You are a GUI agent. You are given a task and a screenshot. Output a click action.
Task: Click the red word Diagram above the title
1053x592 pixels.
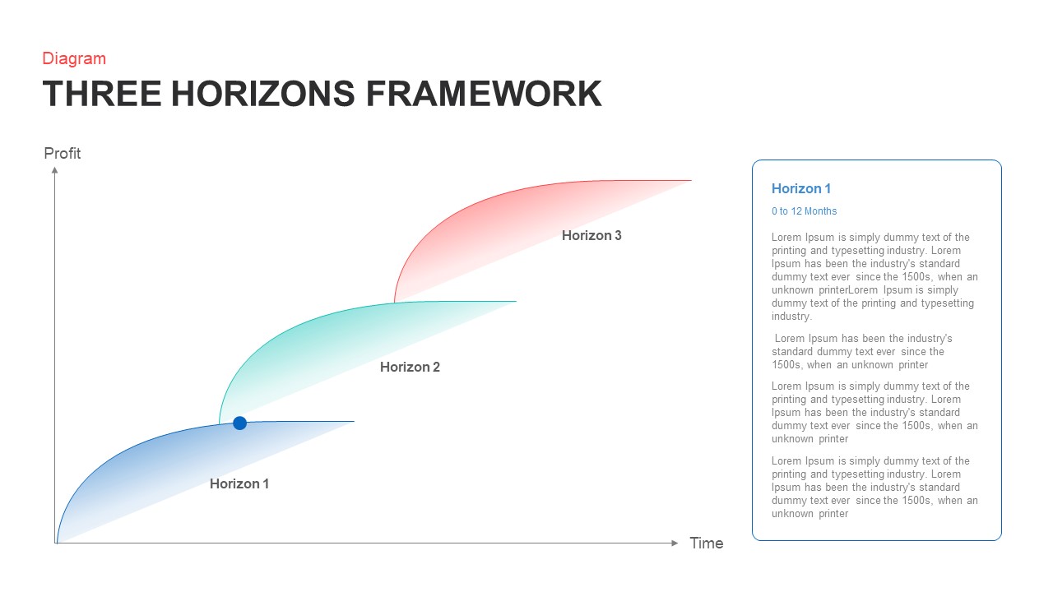coord(74,58)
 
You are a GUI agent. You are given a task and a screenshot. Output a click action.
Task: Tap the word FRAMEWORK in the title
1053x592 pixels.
coord(484,94)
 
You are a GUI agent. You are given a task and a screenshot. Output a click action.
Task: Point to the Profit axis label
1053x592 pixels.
coord(63,154)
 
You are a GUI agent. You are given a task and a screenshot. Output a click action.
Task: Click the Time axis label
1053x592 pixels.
coord(707,543)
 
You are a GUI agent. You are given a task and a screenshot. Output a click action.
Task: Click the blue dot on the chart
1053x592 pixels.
coord(239,423)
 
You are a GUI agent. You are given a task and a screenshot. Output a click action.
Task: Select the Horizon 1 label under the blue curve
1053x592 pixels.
coord(239,483)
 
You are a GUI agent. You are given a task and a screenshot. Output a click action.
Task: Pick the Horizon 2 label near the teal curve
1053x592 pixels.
coord(410,367)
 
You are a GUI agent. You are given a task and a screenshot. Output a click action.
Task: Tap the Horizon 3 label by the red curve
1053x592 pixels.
coord(591,235)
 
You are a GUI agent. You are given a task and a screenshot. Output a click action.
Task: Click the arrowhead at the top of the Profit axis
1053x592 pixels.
coord(55,170)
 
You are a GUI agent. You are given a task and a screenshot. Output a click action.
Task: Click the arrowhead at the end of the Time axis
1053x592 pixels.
coord(675,543)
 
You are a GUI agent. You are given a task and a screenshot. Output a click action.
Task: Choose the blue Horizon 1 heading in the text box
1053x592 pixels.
coord(801,188)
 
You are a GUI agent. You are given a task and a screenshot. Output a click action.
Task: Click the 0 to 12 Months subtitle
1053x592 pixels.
coord(804,211)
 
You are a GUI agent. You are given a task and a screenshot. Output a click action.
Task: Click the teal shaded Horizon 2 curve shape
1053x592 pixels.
coord(313,345)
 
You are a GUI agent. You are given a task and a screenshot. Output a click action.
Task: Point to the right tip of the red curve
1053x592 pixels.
coord(689,180)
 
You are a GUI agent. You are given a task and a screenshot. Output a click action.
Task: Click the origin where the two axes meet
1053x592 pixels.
coord(56,543)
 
